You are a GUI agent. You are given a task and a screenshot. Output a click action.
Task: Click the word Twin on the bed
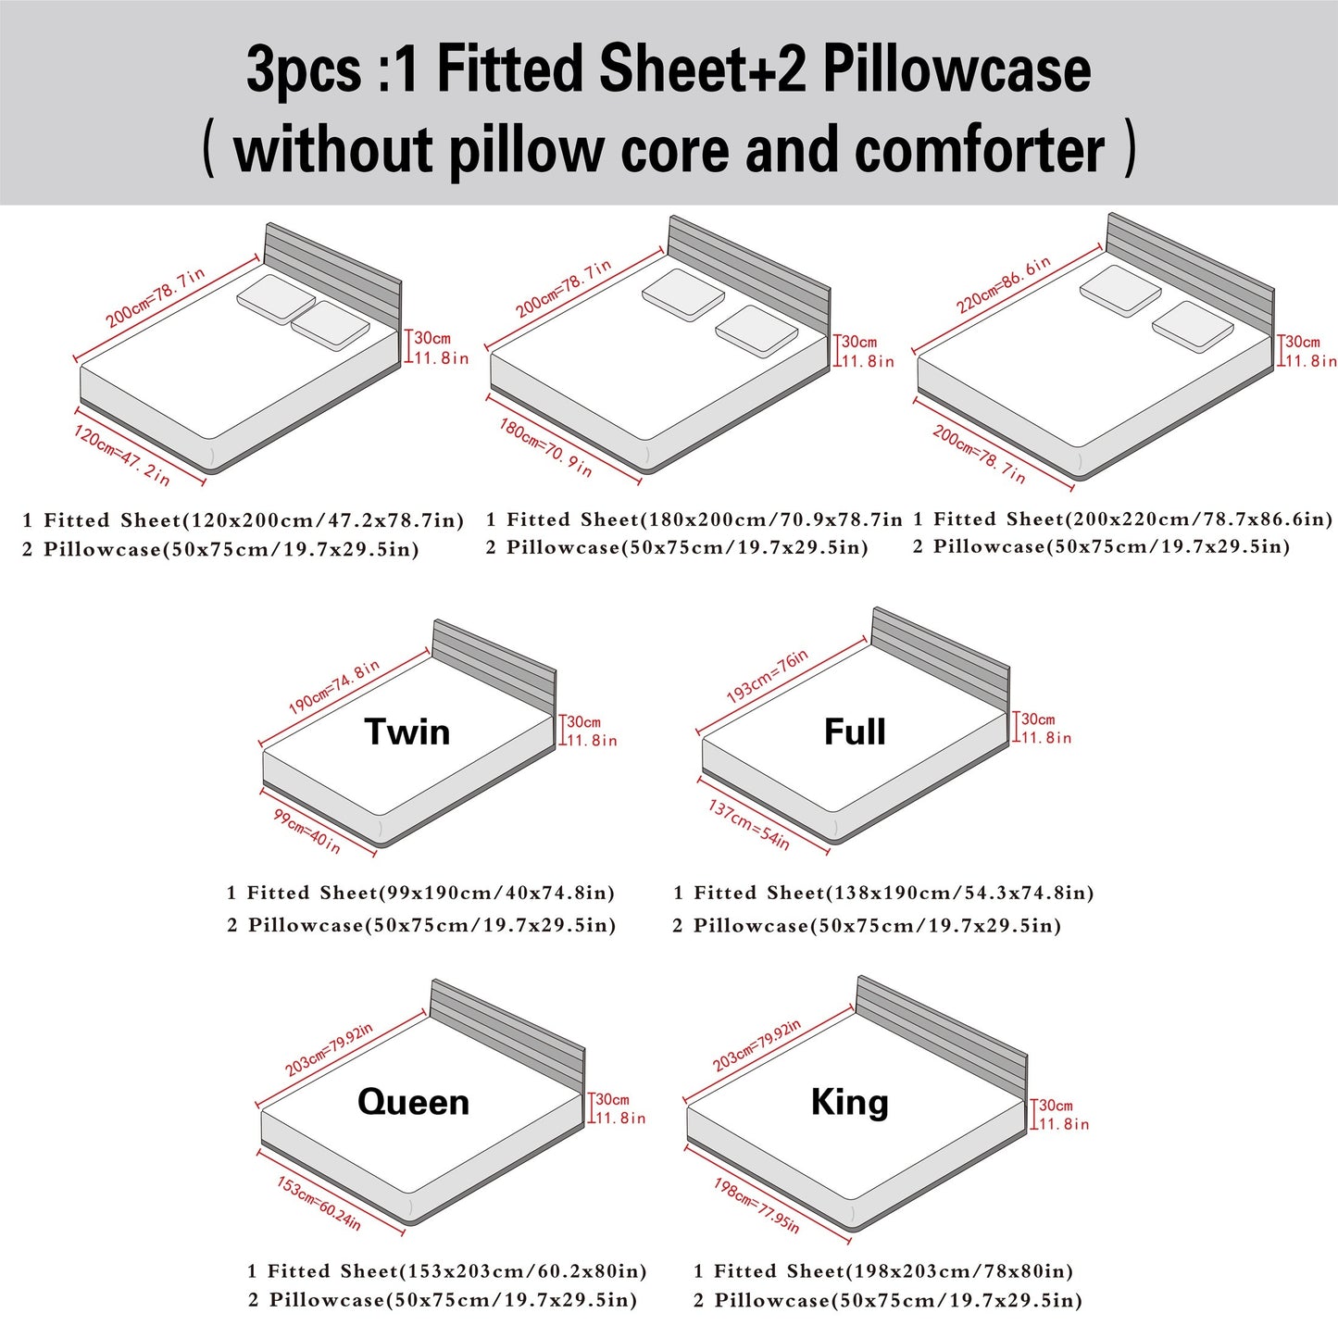coord(407,732)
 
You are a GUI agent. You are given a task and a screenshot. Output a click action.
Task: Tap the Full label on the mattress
coord(855,732)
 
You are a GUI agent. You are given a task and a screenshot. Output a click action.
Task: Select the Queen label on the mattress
coord(413,1102)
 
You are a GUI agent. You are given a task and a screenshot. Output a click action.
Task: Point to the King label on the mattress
coord(849,1102)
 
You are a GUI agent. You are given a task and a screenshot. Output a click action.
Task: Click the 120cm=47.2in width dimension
coord(122,455)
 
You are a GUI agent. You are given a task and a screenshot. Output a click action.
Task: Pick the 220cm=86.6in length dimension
coord(1004,284)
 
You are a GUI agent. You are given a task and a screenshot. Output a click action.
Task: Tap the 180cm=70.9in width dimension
coord(545,446)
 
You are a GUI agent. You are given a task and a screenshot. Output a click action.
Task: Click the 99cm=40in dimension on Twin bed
coord(306,832)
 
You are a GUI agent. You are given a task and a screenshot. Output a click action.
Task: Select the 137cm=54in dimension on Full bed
coord(749,824)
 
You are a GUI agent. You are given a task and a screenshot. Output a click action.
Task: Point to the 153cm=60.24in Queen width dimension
coord(319,1203)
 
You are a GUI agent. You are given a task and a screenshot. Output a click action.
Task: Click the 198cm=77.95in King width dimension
coord(756,1205)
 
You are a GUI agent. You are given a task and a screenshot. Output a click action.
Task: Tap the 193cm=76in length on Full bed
coord(767,676)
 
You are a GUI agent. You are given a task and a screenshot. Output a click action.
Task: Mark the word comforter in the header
coord(980,151)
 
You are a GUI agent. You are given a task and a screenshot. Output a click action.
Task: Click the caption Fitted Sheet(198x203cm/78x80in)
coord(893,1271)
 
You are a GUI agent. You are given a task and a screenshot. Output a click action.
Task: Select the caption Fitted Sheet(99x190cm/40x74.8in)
coord(431,894)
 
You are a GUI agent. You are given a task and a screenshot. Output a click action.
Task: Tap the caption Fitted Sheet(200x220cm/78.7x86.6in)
coord(1132,519)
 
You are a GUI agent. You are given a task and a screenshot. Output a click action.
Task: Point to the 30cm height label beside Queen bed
coord(612,1099)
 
